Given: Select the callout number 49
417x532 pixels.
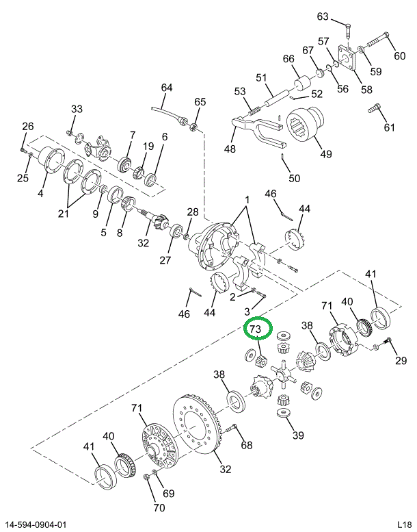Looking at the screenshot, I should [325, 153].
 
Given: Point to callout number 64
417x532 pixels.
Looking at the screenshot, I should [167, 87].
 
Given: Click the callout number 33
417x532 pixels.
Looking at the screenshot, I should [77, 109].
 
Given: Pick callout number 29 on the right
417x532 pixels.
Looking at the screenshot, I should [401, 360].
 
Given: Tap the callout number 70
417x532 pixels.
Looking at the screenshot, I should [159, 507].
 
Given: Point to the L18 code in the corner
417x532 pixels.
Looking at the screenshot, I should [403, 524].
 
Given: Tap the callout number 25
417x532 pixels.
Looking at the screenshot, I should [23, 179].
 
